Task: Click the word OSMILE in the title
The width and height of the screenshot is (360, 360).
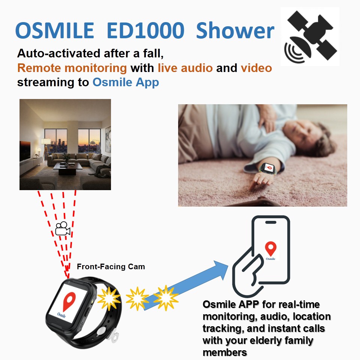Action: [x=55, y=30]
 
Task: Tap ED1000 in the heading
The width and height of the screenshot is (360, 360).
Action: [x=145, y=30]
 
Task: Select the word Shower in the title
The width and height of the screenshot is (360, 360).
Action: [x=235, y=30]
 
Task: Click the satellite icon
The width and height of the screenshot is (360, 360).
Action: [x=310, y=37]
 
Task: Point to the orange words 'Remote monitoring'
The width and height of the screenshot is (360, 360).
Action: [x=72, y=68]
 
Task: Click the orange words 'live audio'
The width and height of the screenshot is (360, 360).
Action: [x=185, y=68]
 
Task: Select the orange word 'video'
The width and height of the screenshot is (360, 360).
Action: [x=256, y=68]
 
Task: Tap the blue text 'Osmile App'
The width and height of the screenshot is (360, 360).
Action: [x=126, y=82]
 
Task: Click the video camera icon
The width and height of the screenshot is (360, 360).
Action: [x=63, y=228]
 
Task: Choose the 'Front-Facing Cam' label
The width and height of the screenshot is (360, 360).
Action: [x=111, y=267]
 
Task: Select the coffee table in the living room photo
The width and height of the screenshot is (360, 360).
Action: [x=67, y=167]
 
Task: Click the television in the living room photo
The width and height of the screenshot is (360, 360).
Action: [x=25, y=151]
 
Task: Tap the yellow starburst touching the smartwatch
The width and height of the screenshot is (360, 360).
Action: [x=109, y=298]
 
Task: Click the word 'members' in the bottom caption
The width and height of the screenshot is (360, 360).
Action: [x=225, y=352]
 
